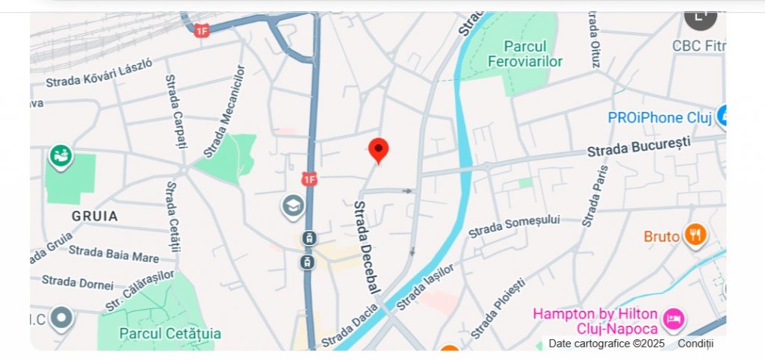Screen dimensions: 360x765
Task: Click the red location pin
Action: [379, 149]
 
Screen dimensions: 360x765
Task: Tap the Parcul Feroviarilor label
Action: [524, 54]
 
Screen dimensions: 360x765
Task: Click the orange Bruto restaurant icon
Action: [696, 235]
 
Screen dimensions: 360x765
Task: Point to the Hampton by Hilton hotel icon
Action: [675, 319]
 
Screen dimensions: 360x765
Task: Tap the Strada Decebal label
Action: [368, 246]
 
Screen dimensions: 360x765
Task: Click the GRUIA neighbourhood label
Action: [95, 216]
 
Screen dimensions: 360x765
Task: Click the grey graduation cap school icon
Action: [293, 205]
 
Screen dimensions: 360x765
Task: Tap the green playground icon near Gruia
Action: [61, 156]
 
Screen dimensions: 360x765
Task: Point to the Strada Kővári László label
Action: [99, 72]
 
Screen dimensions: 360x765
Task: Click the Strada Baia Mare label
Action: [114, 254]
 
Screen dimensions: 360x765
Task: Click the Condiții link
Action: [696, 344]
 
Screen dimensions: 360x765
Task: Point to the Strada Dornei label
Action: [78, 282]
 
